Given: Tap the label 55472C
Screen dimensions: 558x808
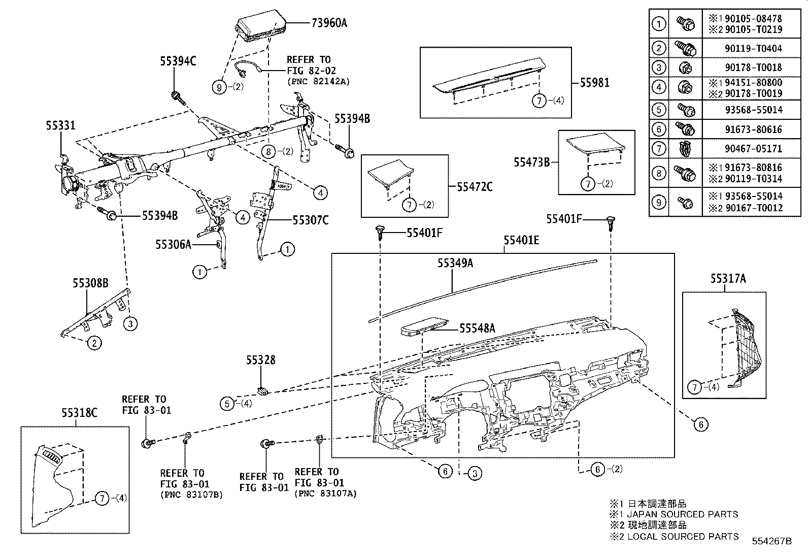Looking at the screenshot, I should (475, 187).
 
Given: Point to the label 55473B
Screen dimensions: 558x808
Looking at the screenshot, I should (531, 162).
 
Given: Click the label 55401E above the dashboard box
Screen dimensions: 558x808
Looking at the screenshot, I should (521, 240).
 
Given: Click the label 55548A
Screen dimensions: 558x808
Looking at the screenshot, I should (477, 329).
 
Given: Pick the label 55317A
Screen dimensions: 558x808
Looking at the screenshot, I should (728, 278).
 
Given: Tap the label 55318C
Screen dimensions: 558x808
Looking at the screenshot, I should (80, 412).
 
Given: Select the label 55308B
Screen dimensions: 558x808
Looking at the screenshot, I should (90, 283).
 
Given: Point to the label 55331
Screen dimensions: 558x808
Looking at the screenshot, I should (61, 125).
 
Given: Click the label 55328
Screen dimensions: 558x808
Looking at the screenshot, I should (261, 360).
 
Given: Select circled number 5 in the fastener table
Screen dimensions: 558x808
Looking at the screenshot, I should (658, 110).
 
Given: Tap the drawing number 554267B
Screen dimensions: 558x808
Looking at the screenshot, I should (771, 541).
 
